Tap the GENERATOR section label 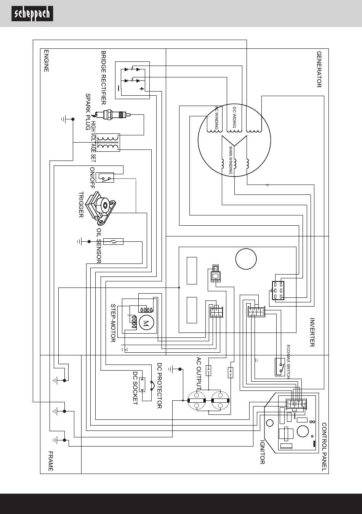pyautogui.click(x=319, y=69)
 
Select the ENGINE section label pyautogui.click(x=46, y=61)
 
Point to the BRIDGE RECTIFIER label pyautogui.click(x=103, y=78)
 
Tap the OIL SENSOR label pyautogui.click(x=99, y=246)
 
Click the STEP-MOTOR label pyautogui.click(x=113, y=323)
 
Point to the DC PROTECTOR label pyautogui.click(x=159, y=385)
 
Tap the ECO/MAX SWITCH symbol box pyautogui.click(x=280, y=367)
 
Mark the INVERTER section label pyautogui.click(x=312, y=332)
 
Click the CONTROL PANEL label pyautogui.click(x=324, y=447)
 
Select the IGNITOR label pyautogui.click(x=262, y=452)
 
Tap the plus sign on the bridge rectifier pyautogui.click(x=142, y=89)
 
